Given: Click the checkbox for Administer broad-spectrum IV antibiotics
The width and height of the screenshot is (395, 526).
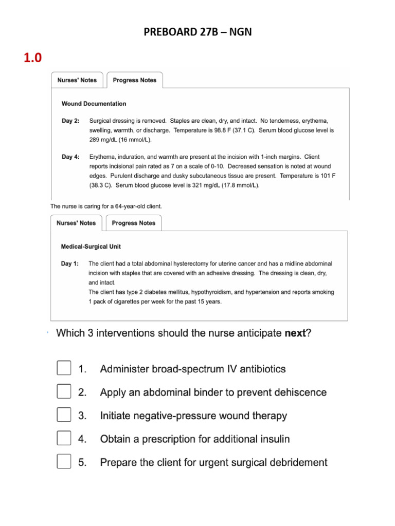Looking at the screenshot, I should [x=64, y=369].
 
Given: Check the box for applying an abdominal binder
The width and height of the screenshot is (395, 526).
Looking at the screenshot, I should [x=64, y=392].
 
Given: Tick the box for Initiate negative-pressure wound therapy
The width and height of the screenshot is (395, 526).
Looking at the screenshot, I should [x=64, y=416].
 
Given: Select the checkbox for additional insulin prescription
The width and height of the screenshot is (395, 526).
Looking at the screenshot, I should [x=64, y=439].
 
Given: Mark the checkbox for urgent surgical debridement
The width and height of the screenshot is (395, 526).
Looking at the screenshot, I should [x=64, y=462].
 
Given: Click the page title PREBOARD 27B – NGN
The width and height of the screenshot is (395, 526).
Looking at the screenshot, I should [x=197, y=33].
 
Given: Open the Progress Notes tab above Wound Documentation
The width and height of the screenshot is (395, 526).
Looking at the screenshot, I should [x=134, y=80].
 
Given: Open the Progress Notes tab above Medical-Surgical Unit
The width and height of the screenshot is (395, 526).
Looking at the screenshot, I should [x=133, y=223].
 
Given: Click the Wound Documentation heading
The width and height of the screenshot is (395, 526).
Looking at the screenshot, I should [x=94, y=104].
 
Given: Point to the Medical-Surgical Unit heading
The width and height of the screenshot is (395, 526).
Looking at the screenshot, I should [x=91, y=247].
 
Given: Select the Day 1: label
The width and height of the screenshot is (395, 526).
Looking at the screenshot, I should [x=70, y=264].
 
